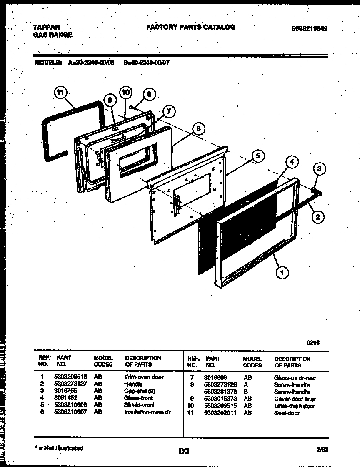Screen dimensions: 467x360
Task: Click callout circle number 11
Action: pyautogui.click(x=60, y=93)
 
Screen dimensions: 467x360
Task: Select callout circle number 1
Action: pyautogui.click(x=282, y=273)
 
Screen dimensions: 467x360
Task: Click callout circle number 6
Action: pyautogui.click(x=199, y=129)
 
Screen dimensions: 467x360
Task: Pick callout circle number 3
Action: pyautogui.click(x=319, y=169)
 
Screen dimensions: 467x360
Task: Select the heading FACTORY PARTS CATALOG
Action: pyautogui.click(x=190, y=27)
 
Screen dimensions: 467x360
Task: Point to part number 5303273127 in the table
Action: pyautogui.click(x=70, y=384)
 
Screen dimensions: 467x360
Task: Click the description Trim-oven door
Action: pyautogui.click(x=144, y=377)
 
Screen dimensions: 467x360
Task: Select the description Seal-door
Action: pyautogui.click(x=287, y=413)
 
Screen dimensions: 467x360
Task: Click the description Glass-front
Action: pyautogui.click(x=139, y=398)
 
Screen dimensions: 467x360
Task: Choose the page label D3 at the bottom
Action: pyautogui.click(x=184, y=451)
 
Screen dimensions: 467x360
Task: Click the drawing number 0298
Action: pyautogui.click(x=313, y=343)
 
